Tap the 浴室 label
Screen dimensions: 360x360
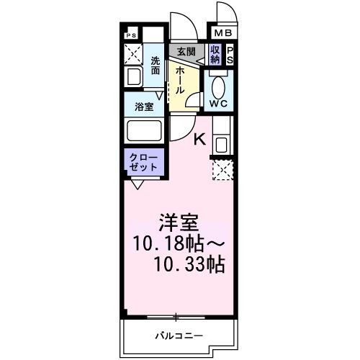[143, 107]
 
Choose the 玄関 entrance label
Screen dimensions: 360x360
[186, 51]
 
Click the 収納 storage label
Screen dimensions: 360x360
[215, 55]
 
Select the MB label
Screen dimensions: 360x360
[220, 32]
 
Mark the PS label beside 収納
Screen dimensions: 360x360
[230, 55]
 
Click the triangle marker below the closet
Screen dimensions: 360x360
[137, 184]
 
